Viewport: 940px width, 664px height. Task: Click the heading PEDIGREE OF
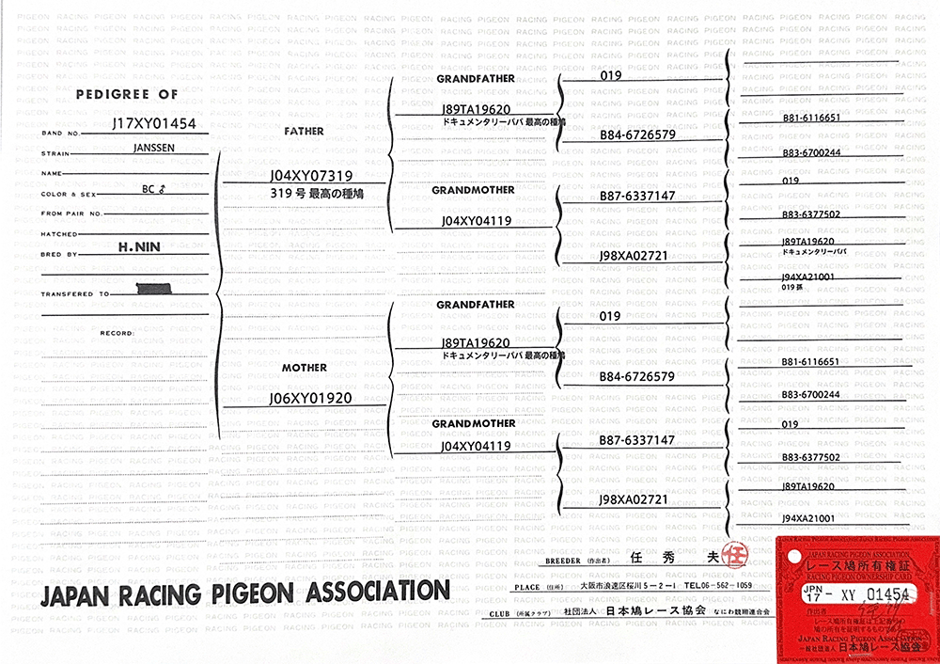tap(126, 95)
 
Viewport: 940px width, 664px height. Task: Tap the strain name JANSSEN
tap(153, 148)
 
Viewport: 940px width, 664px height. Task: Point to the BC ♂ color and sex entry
tap(153, 188)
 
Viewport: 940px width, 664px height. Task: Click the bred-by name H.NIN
tap(139, 246)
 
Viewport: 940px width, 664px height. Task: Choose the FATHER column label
tap(304, 132)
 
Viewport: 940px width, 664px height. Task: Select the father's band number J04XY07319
tap(310, 176)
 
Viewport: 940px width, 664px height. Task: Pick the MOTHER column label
tap(305, 367)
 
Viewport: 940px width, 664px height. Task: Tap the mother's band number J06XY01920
tap(310, 398)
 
